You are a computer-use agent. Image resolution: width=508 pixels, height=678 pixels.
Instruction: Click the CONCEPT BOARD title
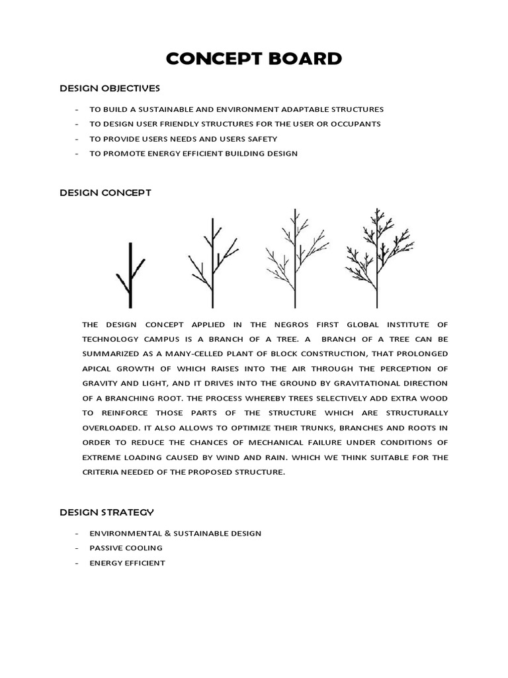tap(254, 59)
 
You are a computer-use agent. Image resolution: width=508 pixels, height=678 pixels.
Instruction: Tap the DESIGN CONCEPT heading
tap(105, 193)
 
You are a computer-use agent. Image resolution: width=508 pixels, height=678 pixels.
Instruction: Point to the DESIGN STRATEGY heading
tap(107, 512)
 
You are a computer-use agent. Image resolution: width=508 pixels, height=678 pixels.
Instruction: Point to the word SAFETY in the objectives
tap(262, 139)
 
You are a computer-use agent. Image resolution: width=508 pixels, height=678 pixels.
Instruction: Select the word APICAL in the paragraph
tap(98, 369)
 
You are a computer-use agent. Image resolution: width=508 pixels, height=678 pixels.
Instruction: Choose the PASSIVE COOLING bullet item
tap(126, 548)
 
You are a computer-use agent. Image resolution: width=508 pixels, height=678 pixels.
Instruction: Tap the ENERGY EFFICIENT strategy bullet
tap(127, 563)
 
